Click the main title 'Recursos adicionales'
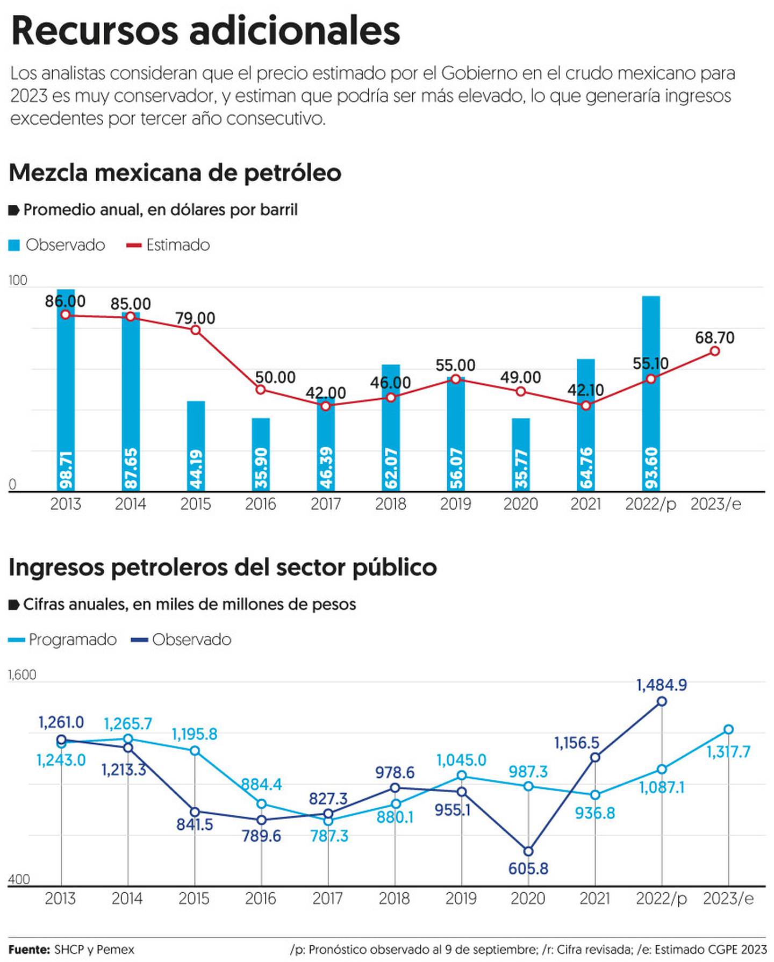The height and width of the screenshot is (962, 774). click(x=205, y=31)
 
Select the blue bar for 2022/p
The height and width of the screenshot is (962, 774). click(x=651, y=392)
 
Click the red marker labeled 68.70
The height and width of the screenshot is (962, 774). click(x=715, y=351)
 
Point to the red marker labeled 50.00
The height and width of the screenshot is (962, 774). click(x=261, y=389)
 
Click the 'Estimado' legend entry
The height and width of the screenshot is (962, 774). click(x=168, y=245)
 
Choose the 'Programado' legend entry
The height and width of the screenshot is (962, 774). click(x=63, y=640)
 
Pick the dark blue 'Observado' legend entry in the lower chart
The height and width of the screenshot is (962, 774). click(x=182, y=640)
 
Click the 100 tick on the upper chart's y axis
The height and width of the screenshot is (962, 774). click(x=17, y=280)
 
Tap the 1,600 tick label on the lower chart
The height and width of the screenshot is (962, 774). click(x=22, y=675)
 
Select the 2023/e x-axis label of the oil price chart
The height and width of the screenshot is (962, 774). click(x=715, y=504)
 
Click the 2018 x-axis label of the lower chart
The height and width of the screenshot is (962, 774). click(x=395, y=899)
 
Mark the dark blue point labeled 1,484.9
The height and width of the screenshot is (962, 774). click(x=662, y=701)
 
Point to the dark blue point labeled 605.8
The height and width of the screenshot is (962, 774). click(x=528, y=851)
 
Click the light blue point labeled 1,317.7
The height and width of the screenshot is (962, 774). click(x=728, y=729)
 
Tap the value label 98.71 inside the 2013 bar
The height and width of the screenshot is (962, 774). click(x=66, y=470)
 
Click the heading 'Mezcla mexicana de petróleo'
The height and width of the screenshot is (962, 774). click(x=175, y=173)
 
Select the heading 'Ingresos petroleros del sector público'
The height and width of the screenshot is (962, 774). click(x=223, y=568)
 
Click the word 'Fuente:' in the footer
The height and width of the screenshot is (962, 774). click(x=29, y=950)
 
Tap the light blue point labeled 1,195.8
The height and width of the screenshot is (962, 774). click(x=195, y=751)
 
